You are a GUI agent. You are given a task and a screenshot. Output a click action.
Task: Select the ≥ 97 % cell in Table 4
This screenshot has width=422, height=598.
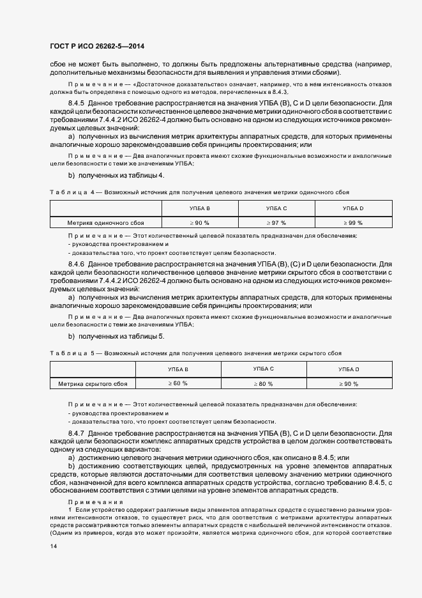(x=276, y=223)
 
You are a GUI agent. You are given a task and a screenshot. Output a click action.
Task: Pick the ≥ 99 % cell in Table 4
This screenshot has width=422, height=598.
(x=352, y=223)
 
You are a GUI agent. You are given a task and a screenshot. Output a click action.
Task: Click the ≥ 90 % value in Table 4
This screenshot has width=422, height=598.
(x=200, y=223)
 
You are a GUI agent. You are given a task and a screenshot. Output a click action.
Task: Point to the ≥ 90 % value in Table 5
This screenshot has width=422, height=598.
(x=349, y=384)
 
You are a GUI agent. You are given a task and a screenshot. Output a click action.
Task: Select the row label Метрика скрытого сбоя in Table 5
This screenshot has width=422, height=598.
(x=93, y=384)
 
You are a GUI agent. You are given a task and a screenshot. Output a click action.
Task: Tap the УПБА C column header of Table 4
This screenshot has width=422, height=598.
(x=276, y=209)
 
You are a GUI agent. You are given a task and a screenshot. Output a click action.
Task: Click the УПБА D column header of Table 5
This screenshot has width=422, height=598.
(x=349, y=369)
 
